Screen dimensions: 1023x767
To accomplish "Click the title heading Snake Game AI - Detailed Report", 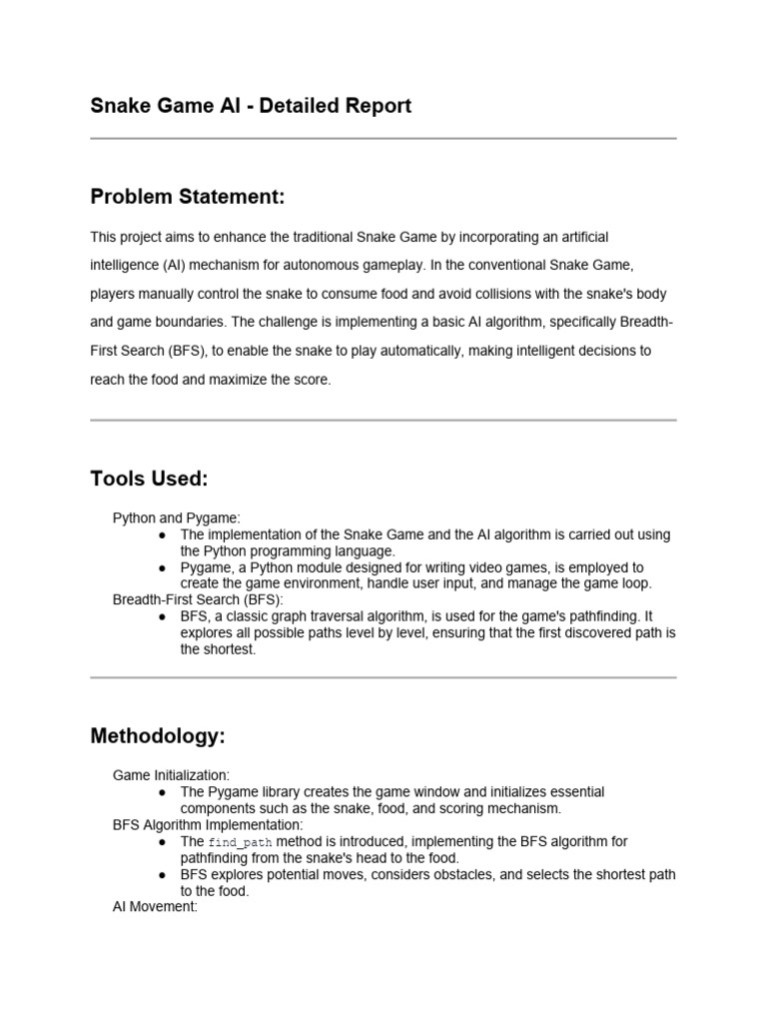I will (251, 106).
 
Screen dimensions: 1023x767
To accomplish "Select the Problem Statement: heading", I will (188, 197).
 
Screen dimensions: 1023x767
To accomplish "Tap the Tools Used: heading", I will (149, 479).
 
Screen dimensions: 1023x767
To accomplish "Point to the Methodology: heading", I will (158, 736).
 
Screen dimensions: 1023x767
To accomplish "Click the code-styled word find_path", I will (240, 842).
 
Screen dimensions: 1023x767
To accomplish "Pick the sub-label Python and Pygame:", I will (176, 517).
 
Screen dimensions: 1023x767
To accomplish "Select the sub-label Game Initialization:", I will (171, 774).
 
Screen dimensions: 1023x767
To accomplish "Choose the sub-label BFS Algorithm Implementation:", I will (207, 825).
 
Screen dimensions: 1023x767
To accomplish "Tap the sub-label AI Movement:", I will (155, 908).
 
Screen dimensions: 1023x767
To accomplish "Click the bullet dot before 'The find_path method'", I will (162, 842).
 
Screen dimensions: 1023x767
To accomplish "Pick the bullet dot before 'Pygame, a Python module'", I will (162, 566).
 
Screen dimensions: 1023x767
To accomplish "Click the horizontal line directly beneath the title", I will (383, 138).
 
